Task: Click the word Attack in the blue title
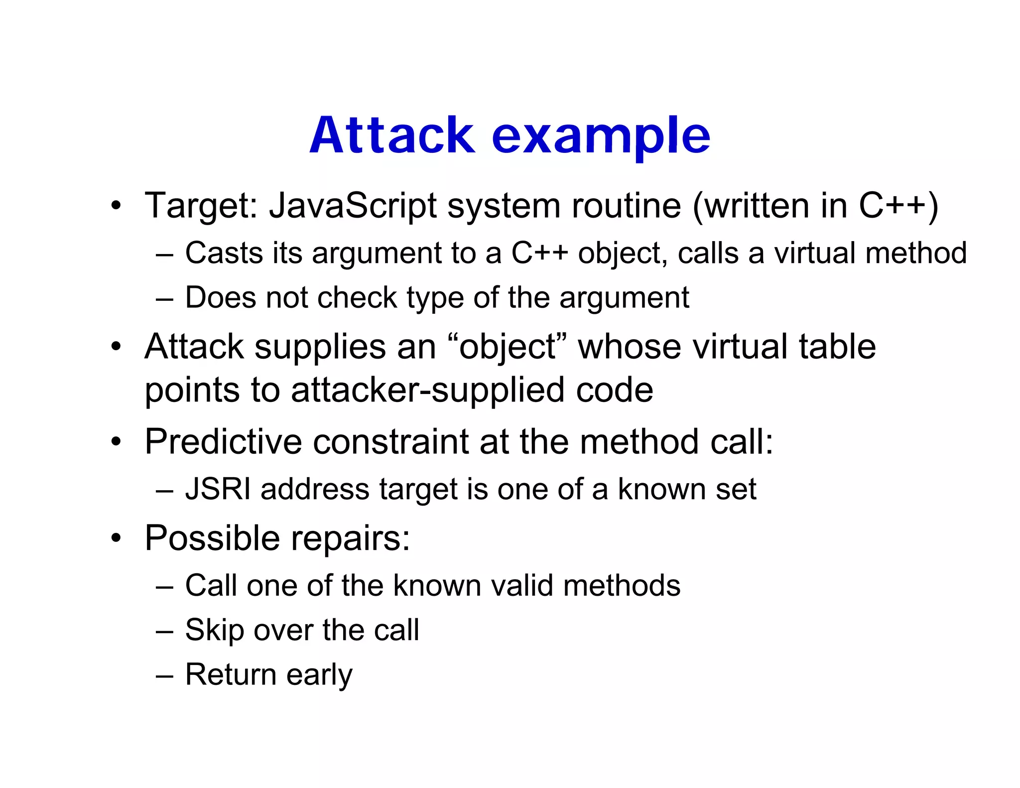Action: click(392, 135)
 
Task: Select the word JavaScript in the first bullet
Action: click(353, 205)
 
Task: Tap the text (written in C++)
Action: click(815, 205)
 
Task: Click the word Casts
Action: click(224, 253)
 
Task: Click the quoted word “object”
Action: click(507, 347)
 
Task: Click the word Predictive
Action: click(224, 442)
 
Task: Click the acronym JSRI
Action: click(218, 489)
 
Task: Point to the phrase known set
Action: click(687, 489)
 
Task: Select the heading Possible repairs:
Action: click(277, 538)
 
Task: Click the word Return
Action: click(231, 674)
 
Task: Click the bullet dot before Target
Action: click(116, 205)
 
